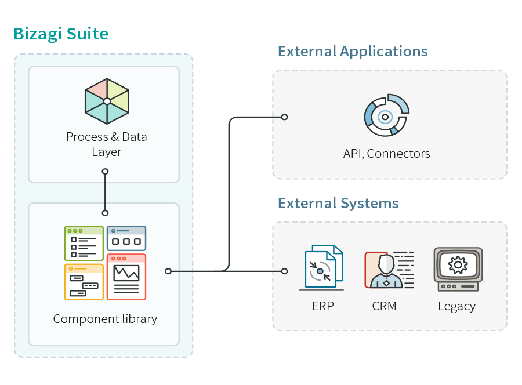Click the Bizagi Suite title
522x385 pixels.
[x=61, y=34]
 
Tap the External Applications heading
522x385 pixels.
[x=353, y=52]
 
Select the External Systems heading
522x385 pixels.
[x=338, y=204]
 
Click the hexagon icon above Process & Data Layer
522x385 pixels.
[x=107, y=101]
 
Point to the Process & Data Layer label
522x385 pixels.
[x=106, y=144]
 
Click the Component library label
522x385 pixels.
[x=105, y=319]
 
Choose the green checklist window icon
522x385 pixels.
[x=84, y=243]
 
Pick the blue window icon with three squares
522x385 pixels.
[x=126, y=238]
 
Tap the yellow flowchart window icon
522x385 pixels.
[x=84, y=282]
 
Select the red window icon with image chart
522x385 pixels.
[x=126, y=277]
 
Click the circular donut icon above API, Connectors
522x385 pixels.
[x=386, y=115]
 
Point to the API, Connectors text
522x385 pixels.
[x=386, y=154]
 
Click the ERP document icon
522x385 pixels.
[x=322, y=268]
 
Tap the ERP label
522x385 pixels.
[x=323, y=306]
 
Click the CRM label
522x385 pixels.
[x=384, y=306]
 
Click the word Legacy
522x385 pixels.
[x=456, y=306]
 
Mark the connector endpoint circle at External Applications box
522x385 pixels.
[x=284, y=117]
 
